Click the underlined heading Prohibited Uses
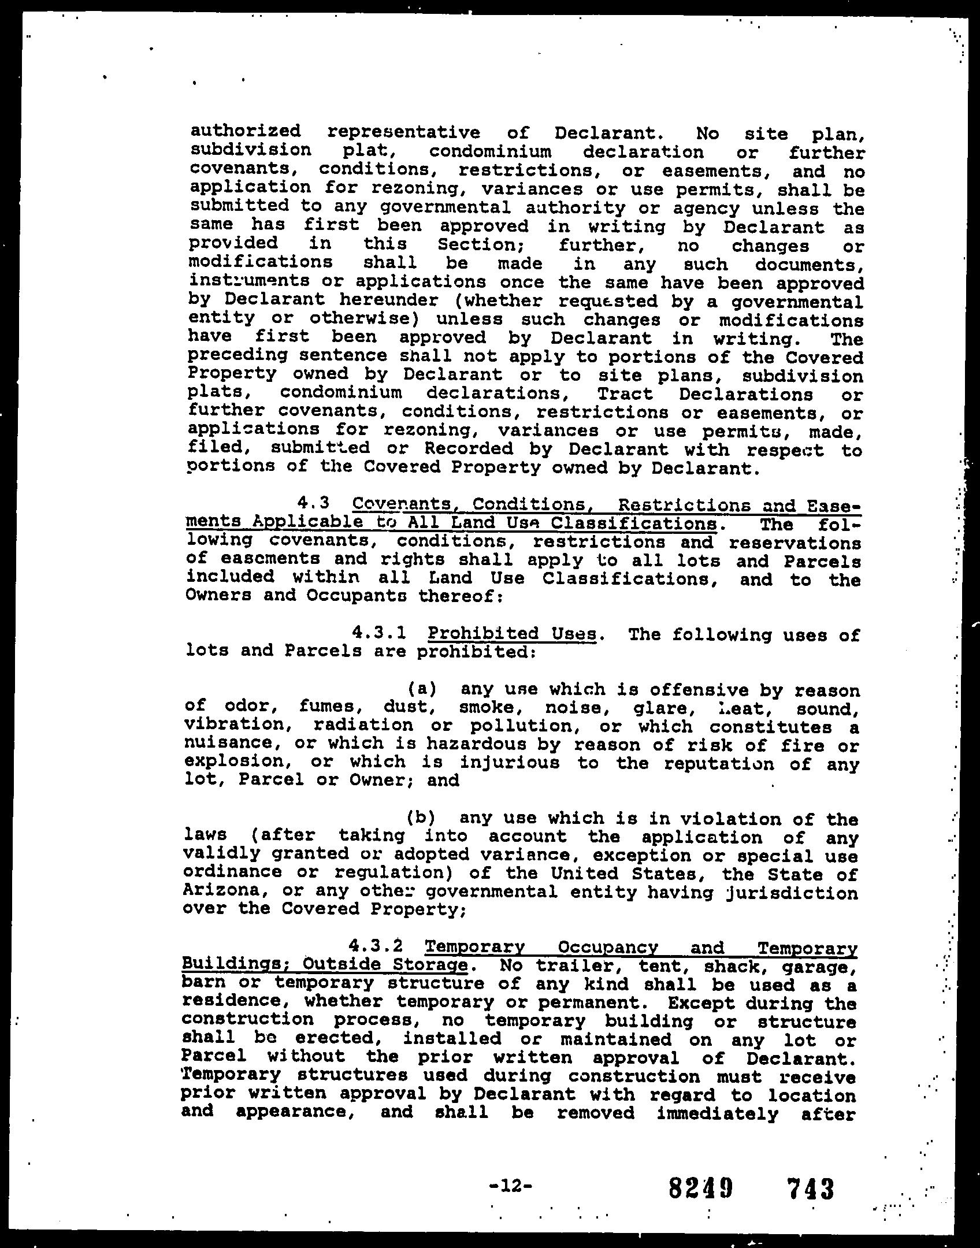coord(512,634)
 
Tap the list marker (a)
coord(422,689)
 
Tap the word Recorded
coord(469,448)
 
